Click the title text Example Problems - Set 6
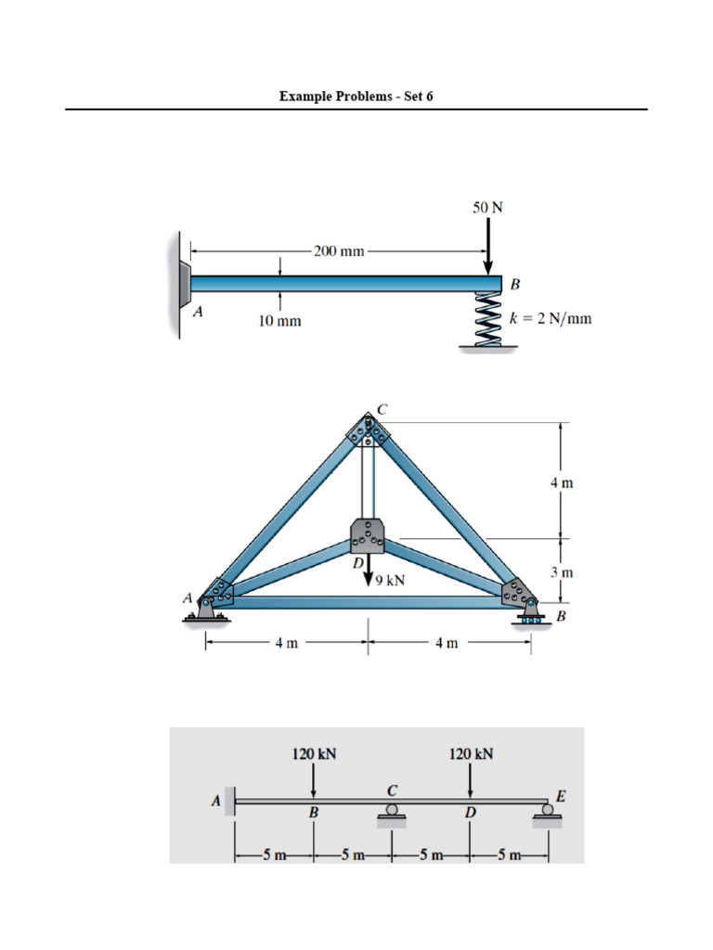click(356, 96)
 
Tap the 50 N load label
click(487, 208)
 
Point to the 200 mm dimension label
click(338, 250)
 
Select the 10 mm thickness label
click(279, 322)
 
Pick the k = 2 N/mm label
click(550, 319)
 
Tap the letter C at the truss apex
click(381, 408)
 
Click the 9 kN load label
click(389, 580)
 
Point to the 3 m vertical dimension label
click(562, 572)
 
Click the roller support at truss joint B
click(530, 615)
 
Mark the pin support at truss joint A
click(210, 608)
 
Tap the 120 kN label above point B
click(314, 754)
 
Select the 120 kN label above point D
click(471, 754)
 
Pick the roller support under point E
click(549, 813)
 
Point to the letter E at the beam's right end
click(560, 795)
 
